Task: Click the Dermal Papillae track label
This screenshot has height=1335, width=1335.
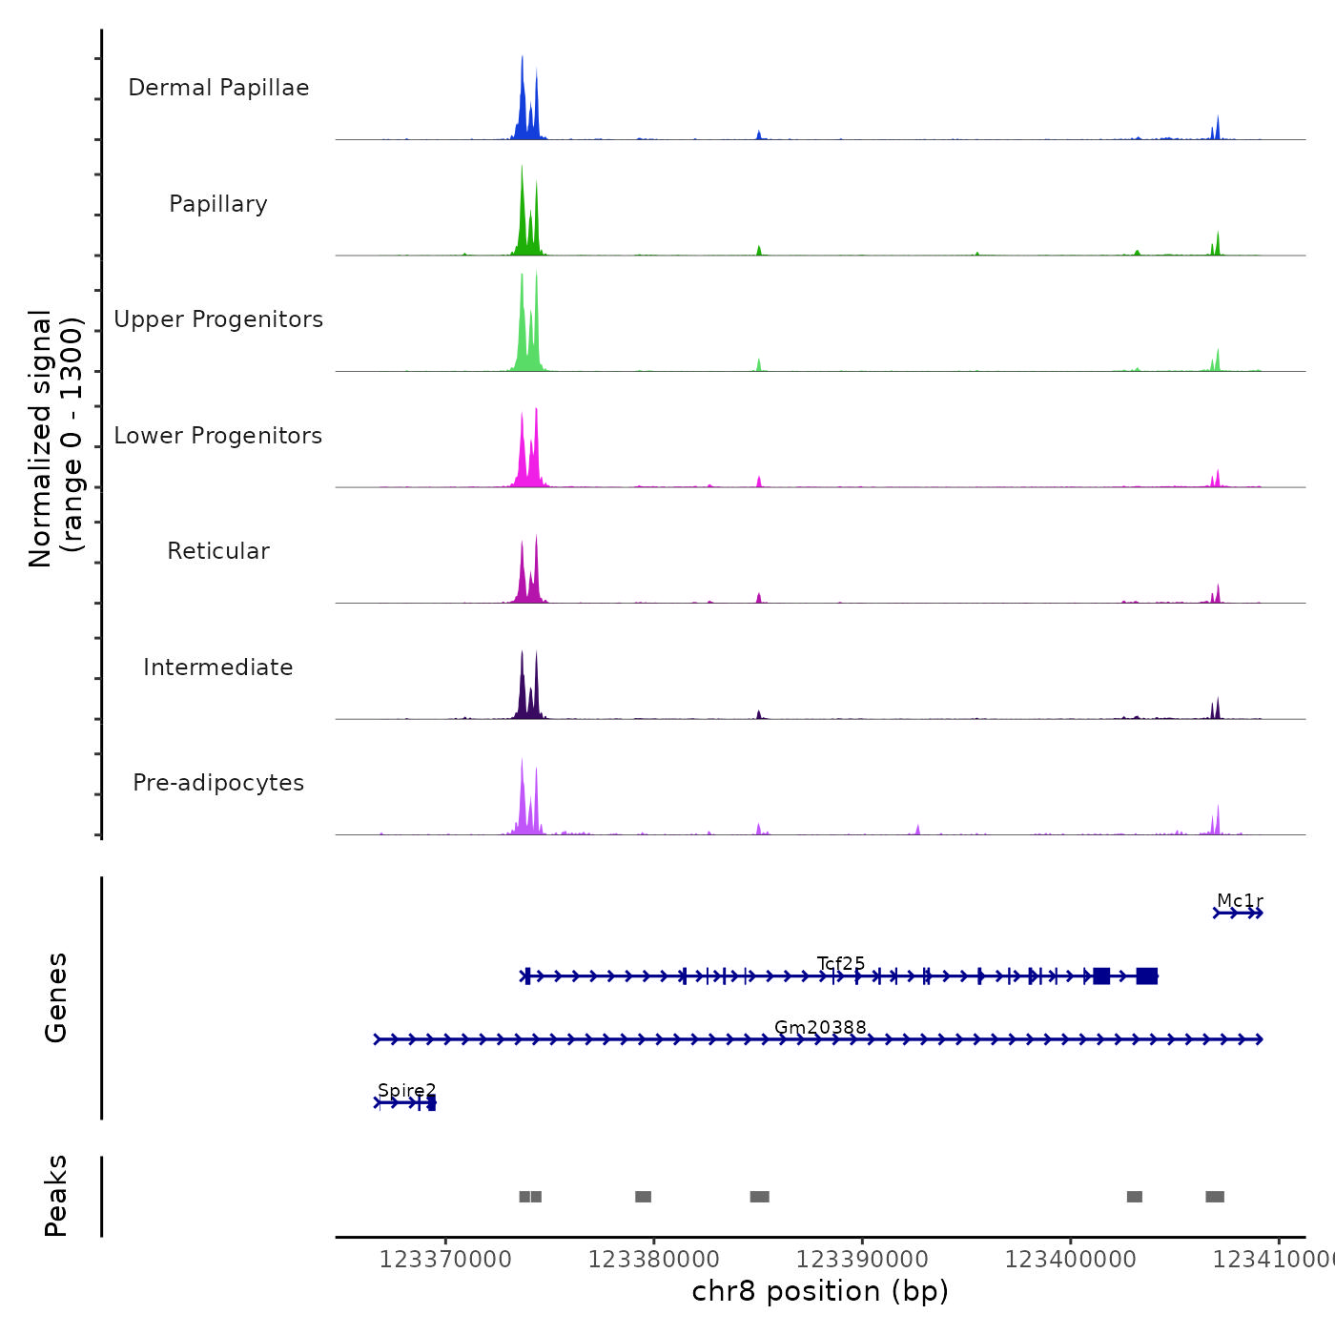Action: point(218,88)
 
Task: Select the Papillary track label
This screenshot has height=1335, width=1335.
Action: point(218,204)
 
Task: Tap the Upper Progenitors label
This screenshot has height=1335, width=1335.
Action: point(218,319)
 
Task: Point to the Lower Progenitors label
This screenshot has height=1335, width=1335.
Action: point(218,436)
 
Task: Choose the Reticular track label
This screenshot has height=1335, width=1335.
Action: point(218,551)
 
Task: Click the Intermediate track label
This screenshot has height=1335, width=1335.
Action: point(218,667)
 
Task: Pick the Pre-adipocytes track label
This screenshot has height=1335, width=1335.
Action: point(218,783)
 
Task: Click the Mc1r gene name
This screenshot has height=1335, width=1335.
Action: point(1240,901)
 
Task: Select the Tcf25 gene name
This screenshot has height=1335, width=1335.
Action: point(841,963)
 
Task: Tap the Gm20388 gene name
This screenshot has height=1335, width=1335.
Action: point(820,1027)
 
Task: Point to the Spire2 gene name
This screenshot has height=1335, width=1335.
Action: point(406,1090)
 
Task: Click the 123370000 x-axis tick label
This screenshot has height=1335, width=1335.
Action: point(445,1260)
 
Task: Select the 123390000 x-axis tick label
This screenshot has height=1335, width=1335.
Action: point(862,1260)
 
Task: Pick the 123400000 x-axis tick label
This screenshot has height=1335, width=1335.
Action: point(1070,1260)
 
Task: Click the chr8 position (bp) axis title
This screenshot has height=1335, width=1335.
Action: point(820,1291)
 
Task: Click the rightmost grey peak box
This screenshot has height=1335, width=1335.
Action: point(1215,1197)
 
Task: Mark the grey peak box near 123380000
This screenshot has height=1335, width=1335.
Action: point(644,1197)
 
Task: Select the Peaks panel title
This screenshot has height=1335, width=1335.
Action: point(56,1196)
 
